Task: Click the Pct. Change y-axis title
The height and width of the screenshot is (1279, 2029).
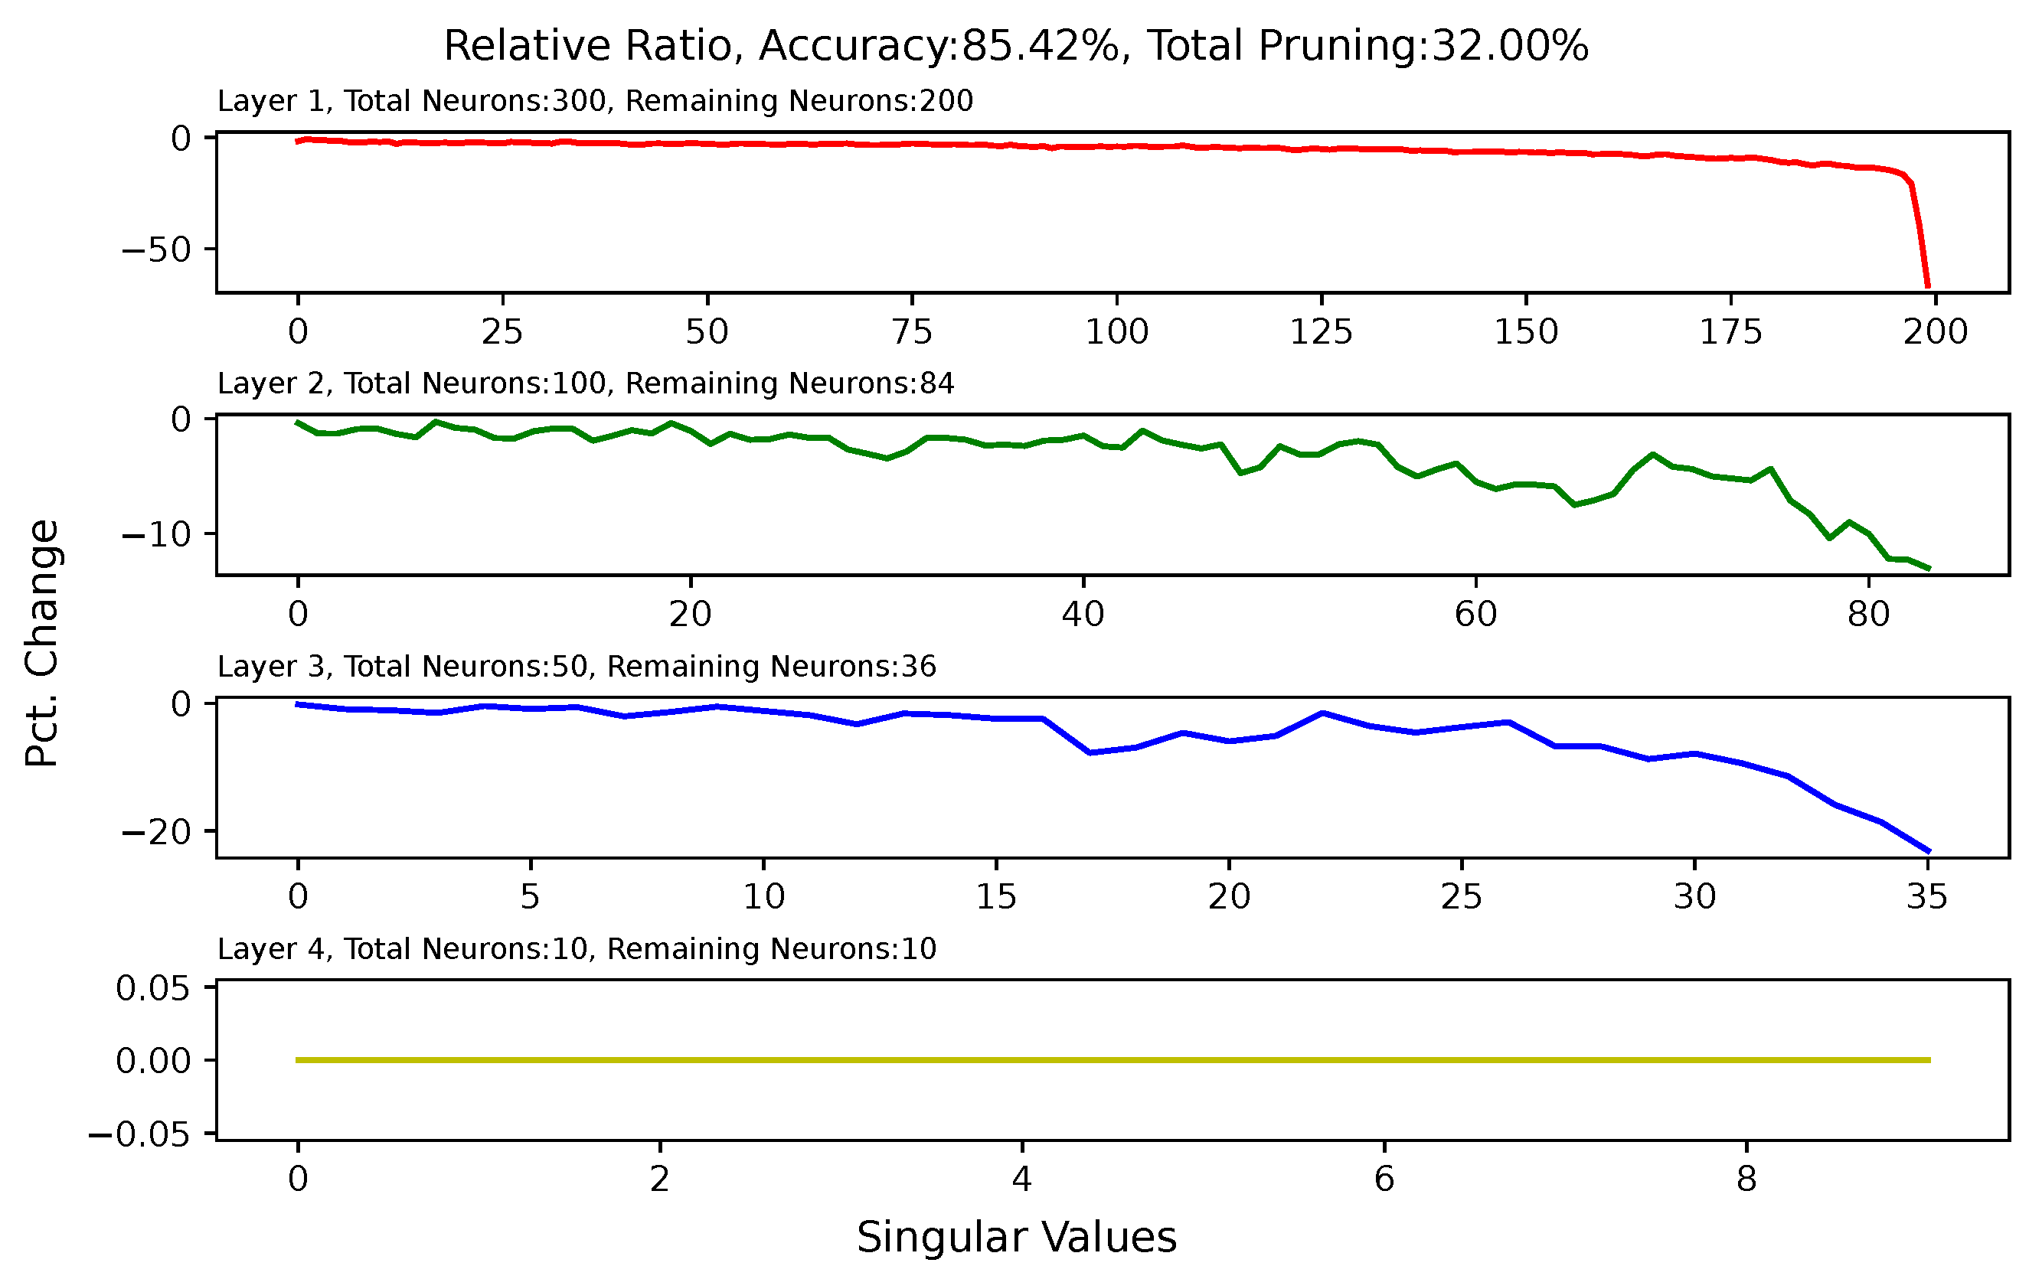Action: pyautogui.click(x=42, y=643)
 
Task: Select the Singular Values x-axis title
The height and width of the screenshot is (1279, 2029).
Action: pyautogui.click(x=1016, y=1238)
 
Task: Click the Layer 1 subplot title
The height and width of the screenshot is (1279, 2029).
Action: pyautogui.click(x=595, y=101)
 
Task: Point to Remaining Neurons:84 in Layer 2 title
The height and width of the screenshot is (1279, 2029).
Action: pyautogui.click(x=789, y=384)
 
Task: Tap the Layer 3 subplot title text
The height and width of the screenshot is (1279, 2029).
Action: pyautogui.click(x=577, y=667)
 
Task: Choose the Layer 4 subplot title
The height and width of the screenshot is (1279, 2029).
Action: pyautogui.click(x=577, y=950)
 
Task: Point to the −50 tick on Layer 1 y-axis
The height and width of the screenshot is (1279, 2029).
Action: pyautogui.click(x=157, y=250)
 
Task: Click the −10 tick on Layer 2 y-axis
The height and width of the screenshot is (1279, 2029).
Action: pyautogui.click(x=157, y=534)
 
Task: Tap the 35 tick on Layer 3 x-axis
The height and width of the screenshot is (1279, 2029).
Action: pyautogui.click(x=1927, y=897)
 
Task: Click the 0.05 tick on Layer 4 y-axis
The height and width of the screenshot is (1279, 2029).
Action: pyautogui.click(x=153, y=988)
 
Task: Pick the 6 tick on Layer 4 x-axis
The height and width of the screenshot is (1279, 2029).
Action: pyautogui.click(x=1384, y=1179)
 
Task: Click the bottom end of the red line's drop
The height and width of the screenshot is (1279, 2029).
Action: pyautogui.click(x=1928, y=286)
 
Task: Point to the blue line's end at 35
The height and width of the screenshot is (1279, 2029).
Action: pyautogui.click(x=1929, y=851)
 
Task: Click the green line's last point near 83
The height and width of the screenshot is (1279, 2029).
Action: pyautogui.click(x=1929, y=569)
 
